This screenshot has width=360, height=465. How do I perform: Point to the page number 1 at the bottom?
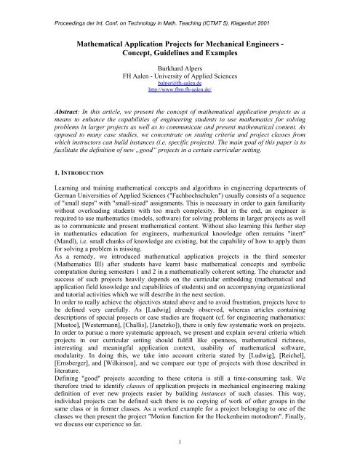point(180,460)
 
